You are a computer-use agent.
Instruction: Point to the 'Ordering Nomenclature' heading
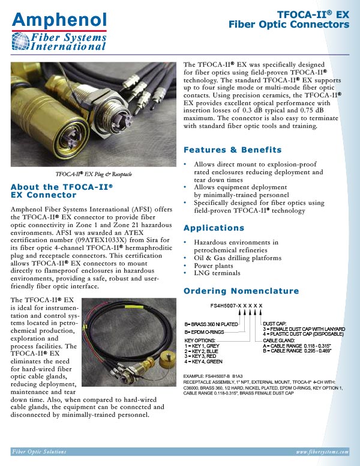point(241,291)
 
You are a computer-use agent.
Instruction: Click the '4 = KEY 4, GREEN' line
point(203,362)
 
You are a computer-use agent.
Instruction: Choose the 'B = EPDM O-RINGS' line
point(205,332)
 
